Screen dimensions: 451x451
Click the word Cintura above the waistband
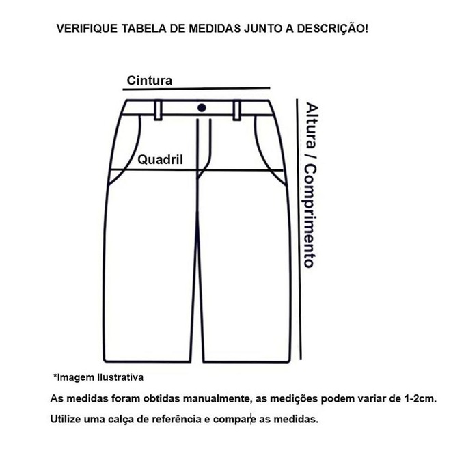pyautogui.click(x=150, y=81)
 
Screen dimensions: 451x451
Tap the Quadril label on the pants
pyautogui.click(x=160, y=160)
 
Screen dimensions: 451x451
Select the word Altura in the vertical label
pyautogui.click(x=312, y=126)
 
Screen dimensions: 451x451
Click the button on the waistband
pyautogui.click(x=202, y=108)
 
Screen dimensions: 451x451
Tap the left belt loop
pyautogui.click(x=159, y=110)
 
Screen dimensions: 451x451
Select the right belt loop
pyautogui.click(x=236, y=110)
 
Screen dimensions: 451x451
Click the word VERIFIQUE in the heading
pyautogui.click(x=87, y=29)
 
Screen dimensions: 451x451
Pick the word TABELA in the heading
pyautogui.click(x=143, y=29)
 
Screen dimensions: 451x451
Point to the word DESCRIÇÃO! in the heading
pyautogui.click(x=332, y=28)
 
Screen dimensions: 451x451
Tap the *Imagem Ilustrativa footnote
pyautogui.click(x=98, y=377)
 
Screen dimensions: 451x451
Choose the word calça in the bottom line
pyautogui.click(x=121, y=420)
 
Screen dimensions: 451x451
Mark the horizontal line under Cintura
pyautogui.click(x=196, y=89)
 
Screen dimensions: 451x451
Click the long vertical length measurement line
pyautogui.click(x=299, y=229)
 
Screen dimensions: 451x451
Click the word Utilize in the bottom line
pyautogui.click(x=66, y=419)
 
